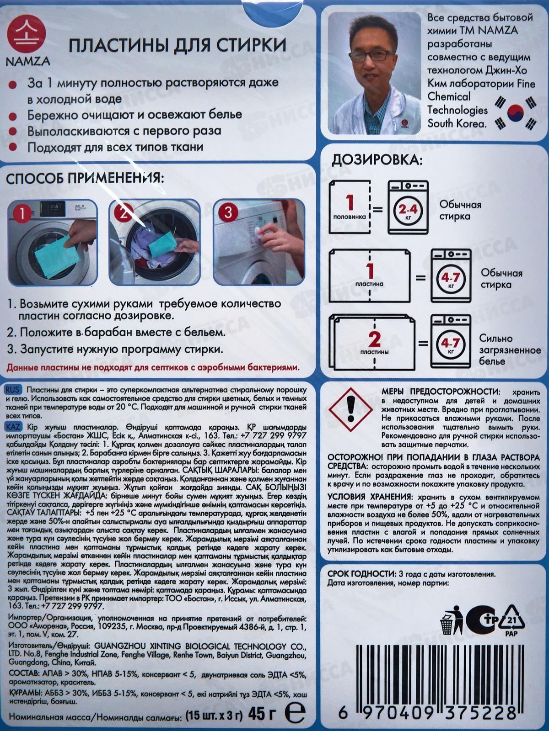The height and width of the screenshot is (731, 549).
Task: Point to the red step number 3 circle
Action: click(229, 213)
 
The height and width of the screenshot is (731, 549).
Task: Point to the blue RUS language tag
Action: click(13, 390)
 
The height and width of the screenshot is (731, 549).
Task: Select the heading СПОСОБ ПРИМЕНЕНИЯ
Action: click(85, 179)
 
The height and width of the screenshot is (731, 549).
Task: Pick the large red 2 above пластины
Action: click(374, 339)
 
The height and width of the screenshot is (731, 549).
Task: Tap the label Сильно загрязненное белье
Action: click(510, 350)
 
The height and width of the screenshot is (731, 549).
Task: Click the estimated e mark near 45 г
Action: click(294, 713)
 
